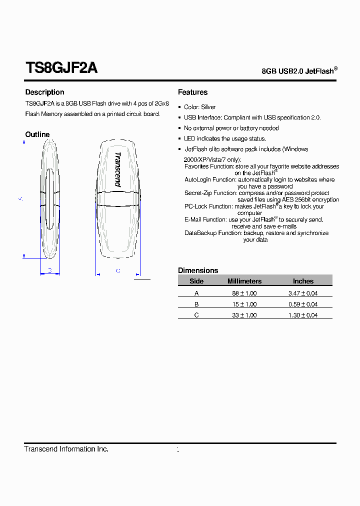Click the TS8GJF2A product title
[61, 68]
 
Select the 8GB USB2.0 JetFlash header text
[299, 71]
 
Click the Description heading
[44, 92]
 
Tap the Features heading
[192, 92]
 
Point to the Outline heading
[37, 134]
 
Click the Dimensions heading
[198, 270]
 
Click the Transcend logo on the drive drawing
[117, 169]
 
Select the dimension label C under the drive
[118, 271]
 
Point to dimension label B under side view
[49, 270]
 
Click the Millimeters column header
[244, 281]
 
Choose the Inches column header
[303, 281]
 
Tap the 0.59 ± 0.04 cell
[303, 304]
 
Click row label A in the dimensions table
[196, 293]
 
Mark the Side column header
[196, 281]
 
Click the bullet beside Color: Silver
[179, 107]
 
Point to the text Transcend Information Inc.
[66, 449]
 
